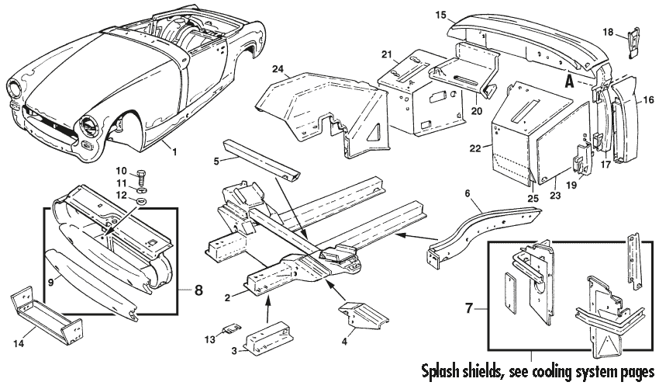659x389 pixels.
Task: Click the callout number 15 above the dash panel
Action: tap(461, 14)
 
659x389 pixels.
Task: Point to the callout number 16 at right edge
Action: tap(649, 100)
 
